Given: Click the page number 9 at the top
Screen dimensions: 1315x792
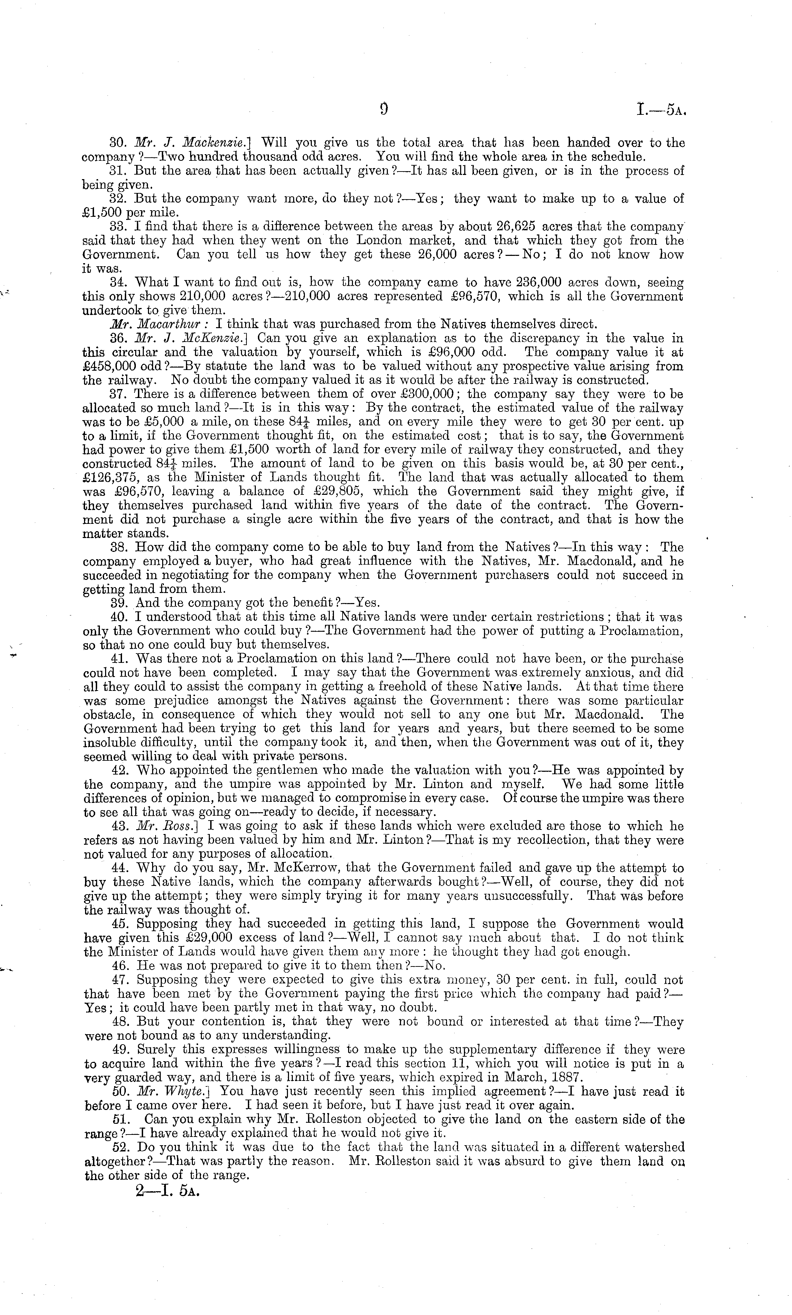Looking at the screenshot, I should tap(383, 109).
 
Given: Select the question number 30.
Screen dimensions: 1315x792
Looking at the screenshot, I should tap(117, 143).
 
